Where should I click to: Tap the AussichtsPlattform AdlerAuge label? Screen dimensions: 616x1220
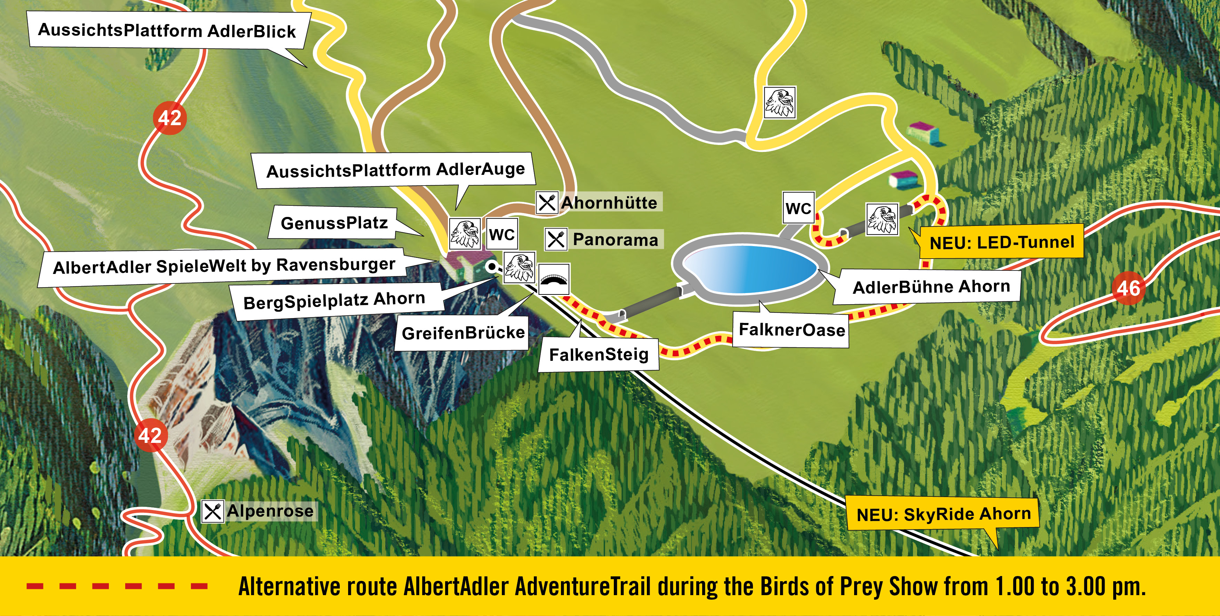click(x=395, y=170)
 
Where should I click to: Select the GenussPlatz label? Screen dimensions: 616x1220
click(x=334, y=222)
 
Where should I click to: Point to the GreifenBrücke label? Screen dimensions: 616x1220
click(x=463, y=333)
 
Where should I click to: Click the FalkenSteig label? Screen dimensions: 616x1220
click(x=599, y=354)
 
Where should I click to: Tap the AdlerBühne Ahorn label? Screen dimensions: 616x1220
click(x=931, y=287)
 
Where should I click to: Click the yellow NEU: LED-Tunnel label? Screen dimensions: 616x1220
click(x=1001, y=242)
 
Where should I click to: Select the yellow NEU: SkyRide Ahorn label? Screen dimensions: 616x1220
click(x=944, y=514)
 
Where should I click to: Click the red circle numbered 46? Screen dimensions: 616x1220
click(x=1128, y=288)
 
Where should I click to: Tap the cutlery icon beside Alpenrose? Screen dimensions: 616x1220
click(x=212, y=511)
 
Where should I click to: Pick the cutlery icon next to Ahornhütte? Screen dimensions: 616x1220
click(x=547, y=203)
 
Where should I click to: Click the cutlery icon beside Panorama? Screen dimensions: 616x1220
click(x=555, y=239)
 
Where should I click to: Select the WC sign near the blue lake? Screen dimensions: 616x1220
click(x=798, y=208)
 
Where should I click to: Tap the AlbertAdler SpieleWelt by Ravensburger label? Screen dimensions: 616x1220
click(x=224, y=266)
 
